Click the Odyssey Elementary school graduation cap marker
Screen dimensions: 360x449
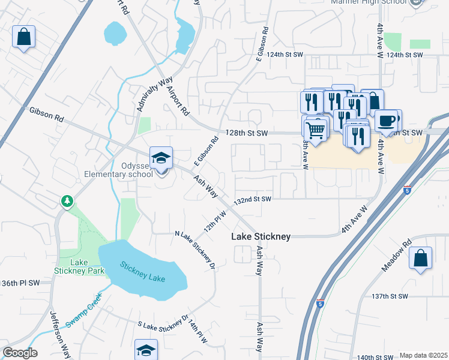pos(161,159)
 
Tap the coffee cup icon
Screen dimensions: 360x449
pos(387,121)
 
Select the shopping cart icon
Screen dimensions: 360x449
pos(316,129)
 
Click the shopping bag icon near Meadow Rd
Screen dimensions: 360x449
pos(421,259)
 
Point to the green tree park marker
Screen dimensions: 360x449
pos(67,201)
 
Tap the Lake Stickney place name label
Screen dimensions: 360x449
pos(261,237)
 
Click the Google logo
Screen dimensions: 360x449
pos(19,353)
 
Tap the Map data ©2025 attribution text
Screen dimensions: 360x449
pos(423,355)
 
